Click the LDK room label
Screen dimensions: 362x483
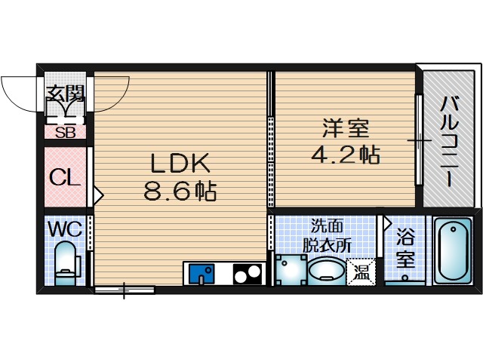click(180, 164)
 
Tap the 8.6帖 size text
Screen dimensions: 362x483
click(180, 192)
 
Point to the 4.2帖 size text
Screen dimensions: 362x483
click(346, 155)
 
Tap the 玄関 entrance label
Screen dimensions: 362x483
click(66, 94)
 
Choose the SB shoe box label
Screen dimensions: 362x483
click(65, 132)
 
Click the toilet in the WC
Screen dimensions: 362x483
click(66, 260)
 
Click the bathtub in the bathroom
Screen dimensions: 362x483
click(451, 250)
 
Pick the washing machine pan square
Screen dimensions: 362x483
click(290, 270)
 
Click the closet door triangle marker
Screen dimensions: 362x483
click(97, 195)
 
